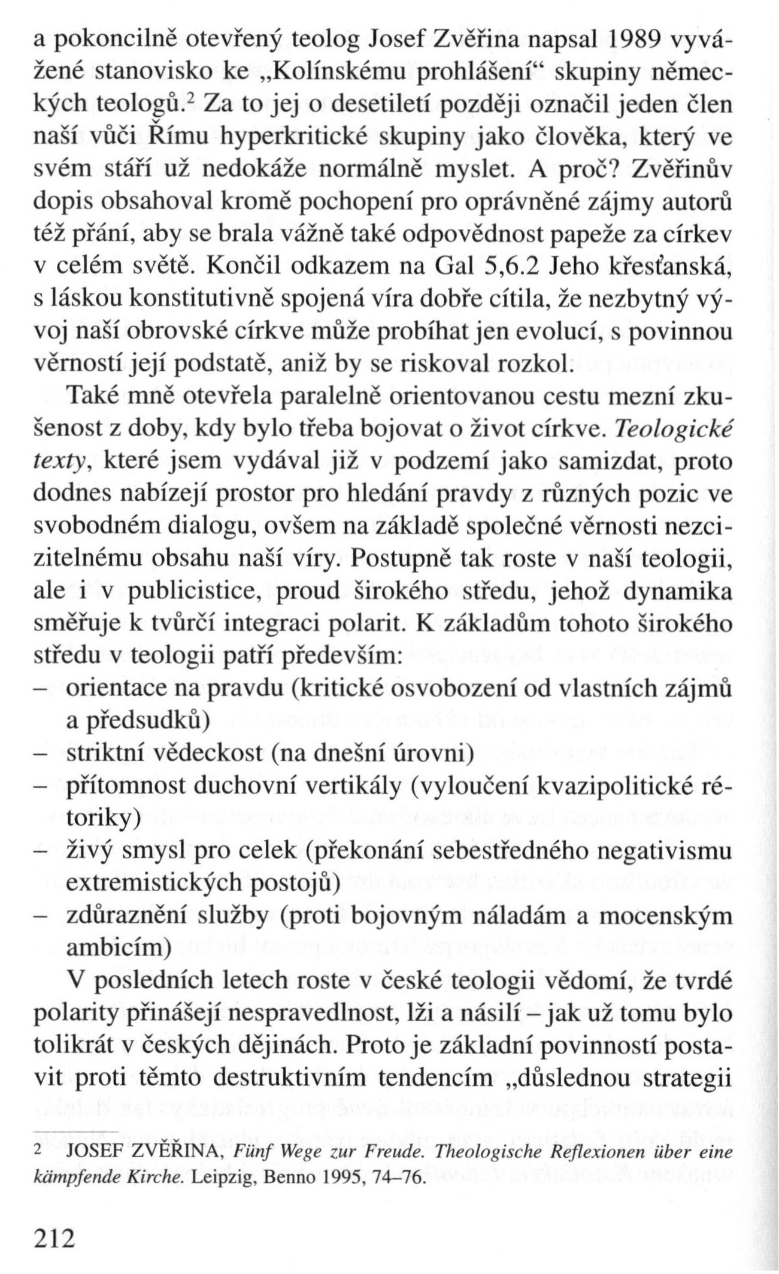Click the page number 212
[53, 1233]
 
